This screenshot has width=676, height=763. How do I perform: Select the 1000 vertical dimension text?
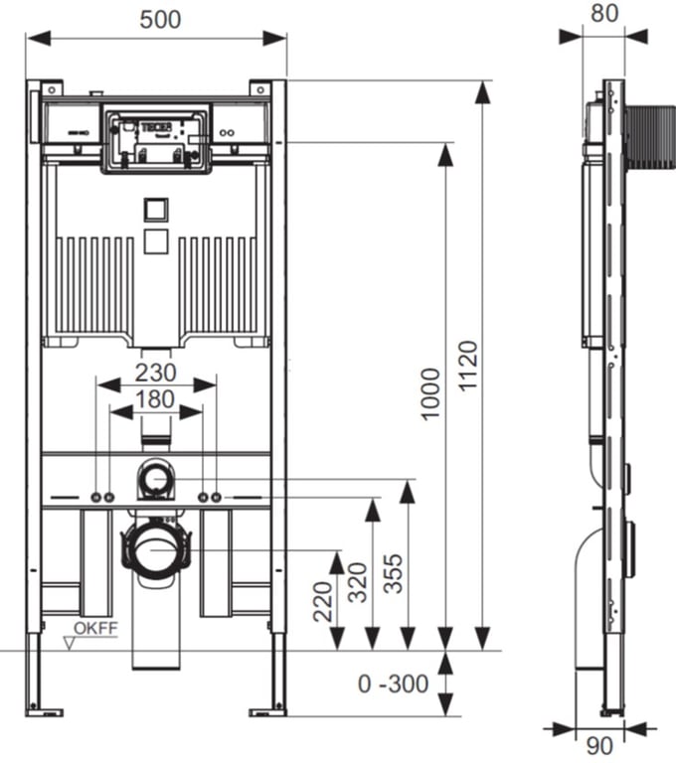coord(429,393)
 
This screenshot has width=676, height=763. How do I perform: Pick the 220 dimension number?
coord(324,601)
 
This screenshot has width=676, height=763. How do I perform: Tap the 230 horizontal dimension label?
coord(155,373)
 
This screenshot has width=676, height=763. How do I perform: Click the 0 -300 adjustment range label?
coord(394,684)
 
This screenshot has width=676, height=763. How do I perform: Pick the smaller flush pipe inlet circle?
coord(155,479)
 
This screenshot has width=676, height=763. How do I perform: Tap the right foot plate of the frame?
coord(267,710)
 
